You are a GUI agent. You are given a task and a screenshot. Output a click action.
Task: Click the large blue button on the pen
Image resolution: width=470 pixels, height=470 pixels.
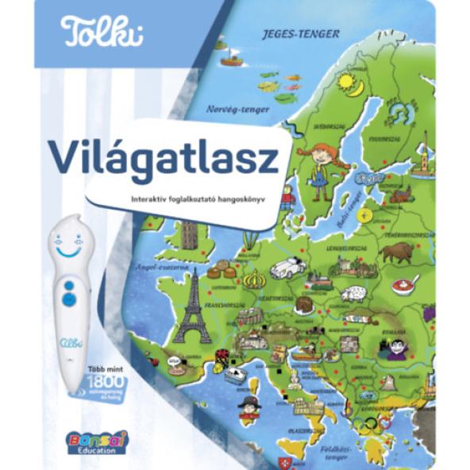coord(69,299)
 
